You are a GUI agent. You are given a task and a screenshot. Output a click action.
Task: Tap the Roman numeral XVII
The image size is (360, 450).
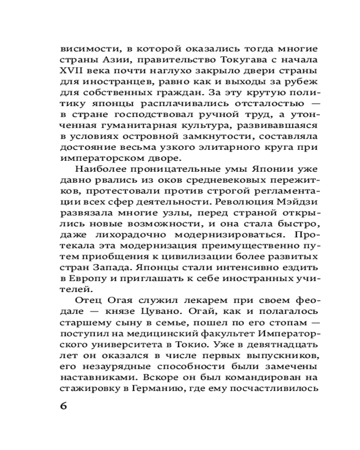[71, 72]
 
